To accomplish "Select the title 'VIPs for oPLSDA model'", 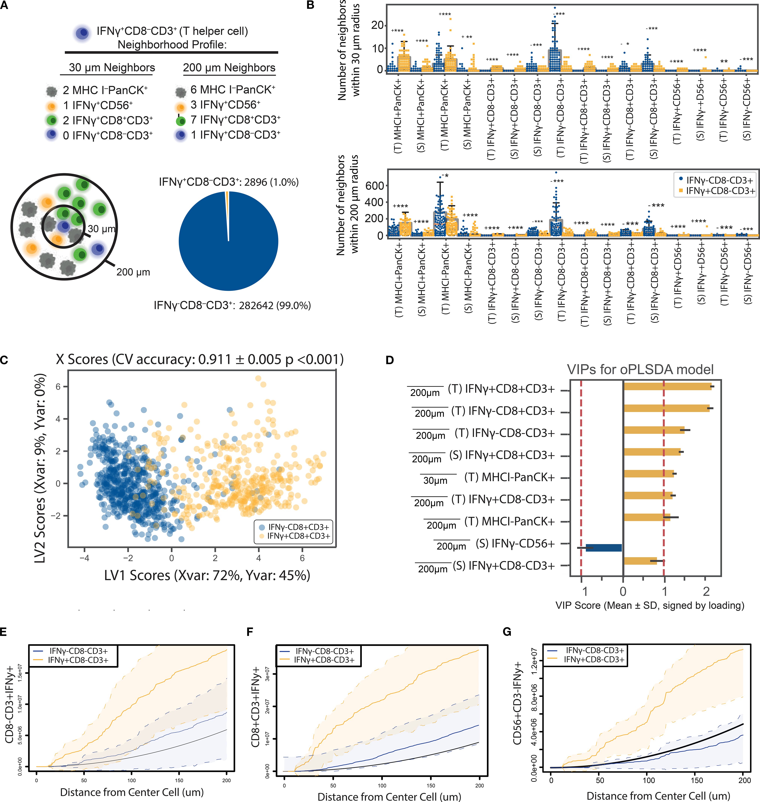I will coord(640,369).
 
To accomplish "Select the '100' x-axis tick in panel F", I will coord(382,785).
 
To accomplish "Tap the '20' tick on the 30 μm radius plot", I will coord(377,25).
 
